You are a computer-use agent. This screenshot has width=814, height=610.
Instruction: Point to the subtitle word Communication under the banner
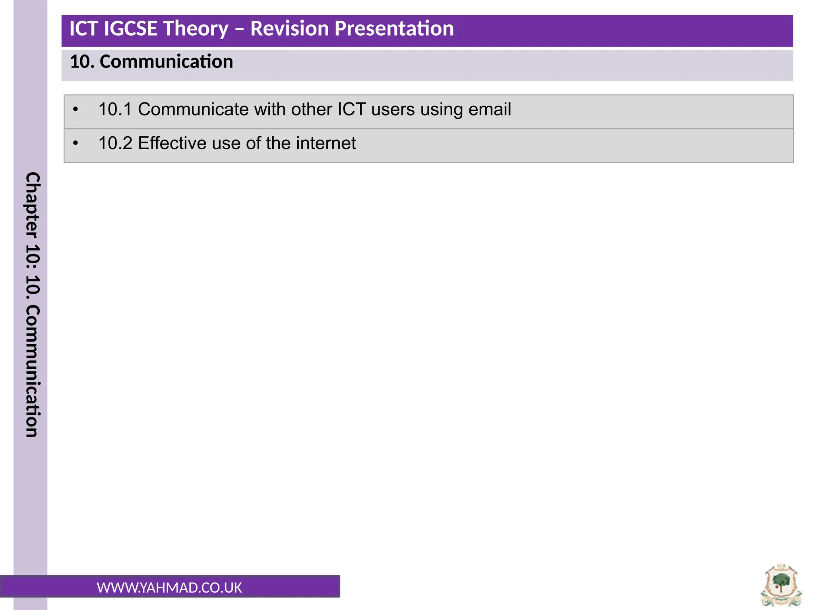[x=166, y=62]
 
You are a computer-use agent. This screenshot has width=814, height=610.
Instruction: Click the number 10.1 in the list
[x=114, y=110]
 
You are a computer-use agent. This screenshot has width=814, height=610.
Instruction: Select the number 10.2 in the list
[x=114, y=143]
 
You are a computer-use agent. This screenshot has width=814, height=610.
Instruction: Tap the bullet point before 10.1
[x=76, y=110]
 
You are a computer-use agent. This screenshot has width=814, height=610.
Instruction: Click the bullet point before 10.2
[x=76, y=143]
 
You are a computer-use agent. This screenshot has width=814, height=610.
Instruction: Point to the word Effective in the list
[x=171, y=143]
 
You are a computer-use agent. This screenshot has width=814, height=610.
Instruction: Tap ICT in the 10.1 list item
[x=351, y=110]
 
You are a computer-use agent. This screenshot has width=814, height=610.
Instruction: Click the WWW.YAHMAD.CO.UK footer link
[x=169, y=588]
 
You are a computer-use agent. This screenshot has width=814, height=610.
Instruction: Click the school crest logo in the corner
[x=781, y=585]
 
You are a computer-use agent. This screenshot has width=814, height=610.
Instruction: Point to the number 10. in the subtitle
[x=82, y=62]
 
